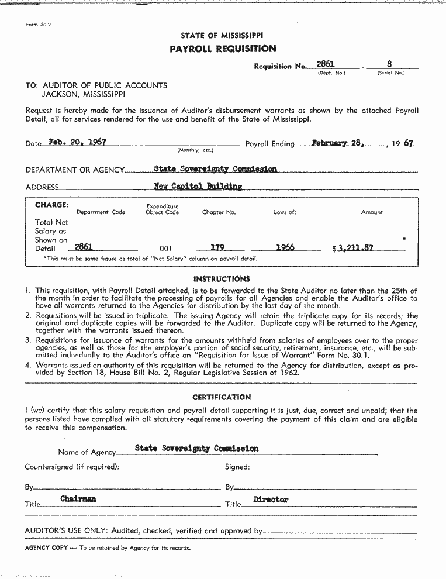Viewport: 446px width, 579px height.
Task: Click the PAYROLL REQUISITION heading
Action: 223,49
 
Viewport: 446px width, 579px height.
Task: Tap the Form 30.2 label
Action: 39,25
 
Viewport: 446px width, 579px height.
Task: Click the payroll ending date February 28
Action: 338,143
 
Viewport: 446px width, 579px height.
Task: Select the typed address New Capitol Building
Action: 198,187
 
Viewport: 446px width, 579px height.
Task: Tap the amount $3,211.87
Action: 352,248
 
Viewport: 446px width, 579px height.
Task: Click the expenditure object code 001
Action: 165,249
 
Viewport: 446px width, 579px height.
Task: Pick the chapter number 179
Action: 217,247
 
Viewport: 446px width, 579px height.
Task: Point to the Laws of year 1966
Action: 285,247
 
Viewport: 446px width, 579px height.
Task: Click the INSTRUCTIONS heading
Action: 222,279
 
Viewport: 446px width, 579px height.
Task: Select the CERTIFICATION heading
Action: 222,397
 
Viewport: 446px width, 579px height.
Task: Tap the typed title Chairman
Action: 78,499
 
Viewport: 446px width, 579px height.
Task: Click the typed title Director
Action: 271,499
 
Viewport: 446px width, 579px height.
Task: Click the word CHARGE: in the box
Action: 51,205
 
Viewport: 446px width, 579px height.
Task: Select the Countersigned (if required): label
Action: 72,467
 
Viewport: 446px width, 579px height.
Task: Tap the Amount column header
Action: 372,212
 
